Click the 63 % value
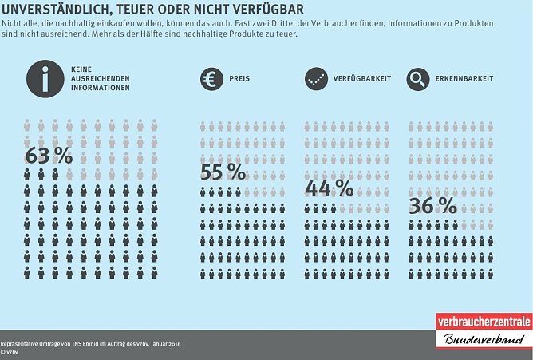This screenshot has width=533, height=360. [49, 156]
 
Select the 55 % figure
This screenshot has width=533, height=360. [223, 172]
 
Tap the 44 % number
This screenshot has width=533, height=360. [329, 188]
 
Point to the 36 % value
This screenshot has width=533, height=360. [432, 205]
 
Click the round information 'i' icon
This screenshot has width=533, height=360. [45, 79]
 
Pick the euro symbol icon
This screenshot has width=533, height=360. [211, 79]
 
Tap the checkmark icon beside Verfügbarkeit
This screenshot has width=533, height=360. [316, 79]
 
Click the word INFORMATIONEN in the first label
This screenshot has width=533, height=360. [100, 88]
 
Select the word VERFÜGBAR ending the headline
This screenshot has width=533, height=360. [266, 9]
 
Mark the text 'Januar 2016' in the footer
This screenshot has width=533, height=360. [164, 342]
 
